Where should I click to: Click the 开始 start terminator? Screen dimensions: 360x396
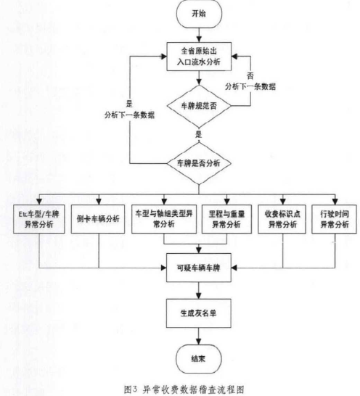click(x=199, y=14)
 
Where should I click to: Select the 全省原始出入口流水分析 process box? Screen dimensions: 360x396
click(x=199, y=57)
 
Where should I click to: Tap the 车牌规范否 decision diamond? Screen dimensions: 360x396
click(x=199, y=106)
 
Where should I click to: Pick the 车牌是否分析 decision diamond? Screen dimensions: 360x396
click(x=199, y=163)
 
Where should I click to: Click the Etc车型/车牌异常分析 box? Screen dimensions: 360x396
click(x=39, y=219)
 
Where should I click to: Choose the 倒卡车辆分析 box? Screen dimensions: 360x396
click(x=98, y=219)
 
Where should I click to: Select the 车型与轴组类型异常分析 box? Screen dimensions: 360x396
click(x=164, y=219)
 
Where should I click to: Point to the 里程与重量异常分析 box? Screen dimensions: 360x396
click(x=226, y=219)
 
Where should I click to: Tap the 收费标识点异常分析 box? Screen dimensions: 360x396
click(x=282, y=219)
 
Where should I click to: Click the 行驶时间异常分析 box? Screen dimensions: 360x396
click(x=334, y=219)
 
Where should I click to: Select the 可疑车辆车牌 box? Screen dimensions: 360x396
click(x=199, y=268)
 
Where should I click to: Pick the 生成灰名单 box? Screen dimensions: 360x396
click(x=199, y=313)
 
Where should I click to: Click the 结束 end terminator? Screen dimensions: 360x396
click(x=199, y=359)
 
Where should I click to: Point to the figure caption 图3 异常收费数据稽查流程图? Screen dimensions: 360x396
click(x=184, y=389)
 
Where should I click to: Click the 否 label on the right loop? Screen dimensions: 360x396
click(x=250, y=75)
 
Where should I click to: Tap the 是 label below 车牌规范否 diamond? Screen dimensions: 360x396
click(x=199, y=134)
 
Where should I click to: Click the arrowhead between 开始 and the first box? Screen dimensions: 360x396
click(x=199, y=39)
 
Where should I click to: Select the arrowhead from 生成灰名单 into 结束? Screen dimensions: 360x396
click(x=199, y=342)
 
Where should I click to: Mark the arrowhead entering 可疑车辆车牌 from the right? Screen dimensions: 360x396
click(x=234, y=268)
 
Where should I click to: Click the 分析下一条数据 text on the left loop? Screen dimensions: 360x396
click(x=129, y=115)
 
